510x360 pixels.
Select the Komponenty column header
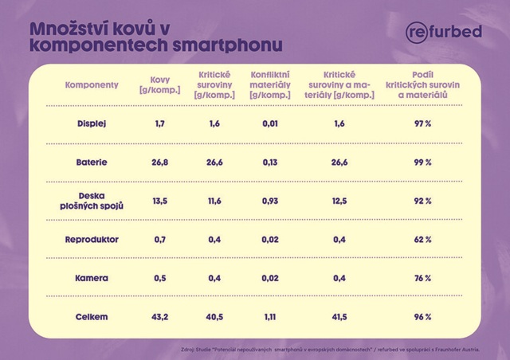[x=92, y=84]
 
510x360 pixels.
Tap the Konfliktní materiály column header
[x=270, y=84]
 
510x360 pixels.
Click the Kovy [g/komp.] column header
[x=159, y=84]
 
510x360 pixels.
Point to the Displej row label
[x=92, y=123]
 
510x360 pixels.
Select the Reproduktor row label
[x=92, y=240]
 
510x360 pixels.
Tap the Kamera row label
[x=92, y=278]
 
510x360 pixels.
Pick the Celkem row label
[x=92, y=317]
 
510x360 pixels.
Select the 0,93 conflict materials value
[x=270, y=201]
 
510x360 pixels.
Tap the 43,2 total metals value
[x=159, y=317]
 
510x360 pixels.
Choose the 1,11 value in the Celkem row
[x=270, y=317]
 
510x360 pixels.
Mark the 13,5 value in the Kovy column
[x=159, y=201]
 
